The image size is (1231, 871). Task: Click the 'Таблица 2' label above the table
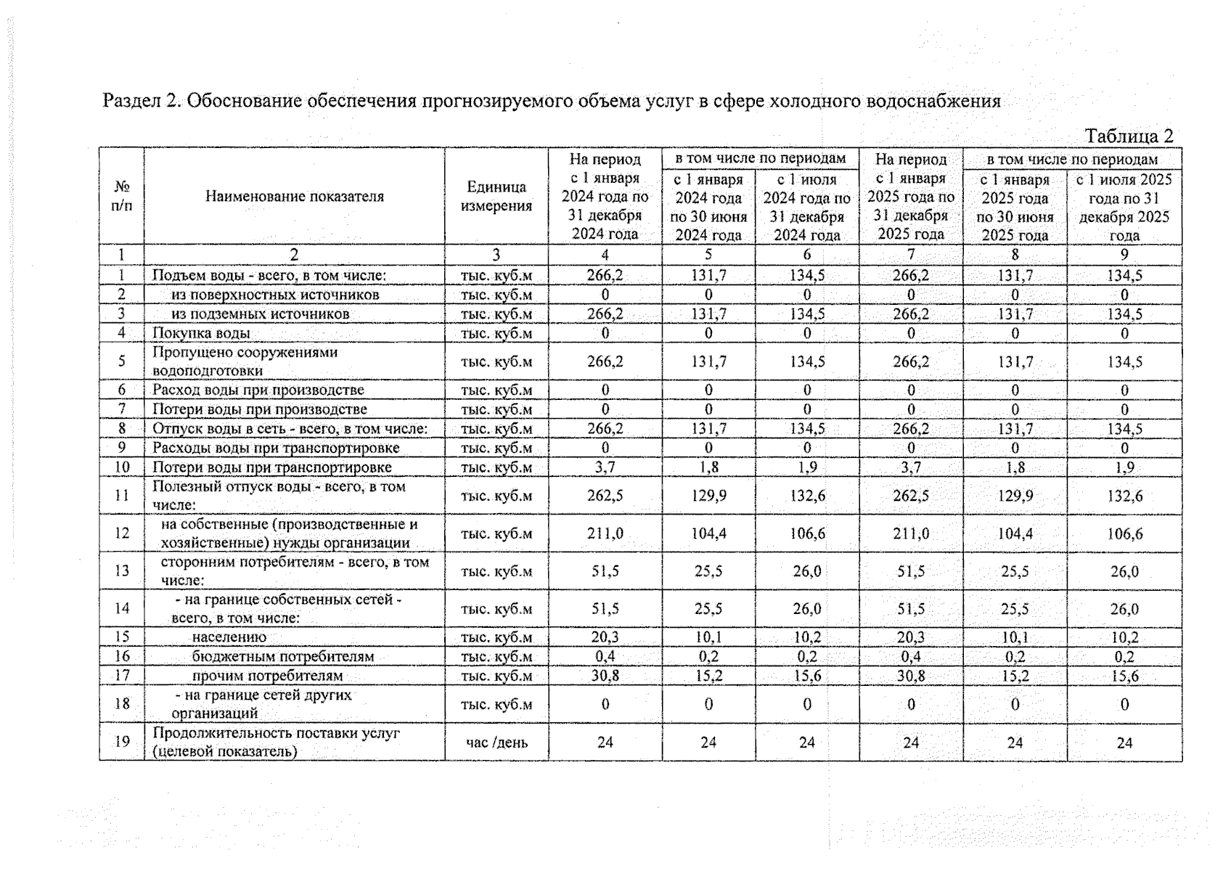1128,136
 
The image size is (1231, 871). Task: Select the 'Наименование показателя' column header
294,196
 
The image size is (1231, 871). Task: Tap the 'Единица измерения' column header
496,196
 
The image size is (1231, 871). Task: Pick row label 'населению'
229,637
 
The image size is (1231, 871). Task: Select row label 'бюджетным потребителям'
282,657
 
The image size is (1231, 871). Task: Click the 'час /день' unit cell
496,743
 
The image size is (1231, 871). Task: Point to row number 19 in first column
121,742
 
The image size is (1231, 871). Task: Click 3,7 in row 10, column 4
605,467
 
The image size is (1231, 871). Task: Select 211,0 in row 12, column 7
910,533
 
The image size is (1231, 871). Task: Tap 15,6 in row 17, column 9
1124,676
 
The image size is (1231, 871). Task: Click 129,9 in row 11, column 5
708,496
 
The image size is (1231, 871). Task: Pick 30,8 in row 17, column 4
605,676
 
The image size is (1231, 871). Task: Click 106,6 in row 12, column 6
806,533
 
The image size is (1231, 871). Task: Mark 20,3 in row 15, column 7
910,637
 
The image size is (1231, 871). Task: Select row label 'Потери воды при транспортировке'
271,467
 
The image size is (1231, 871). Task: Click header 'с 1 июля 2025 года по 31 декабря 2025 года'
1124,207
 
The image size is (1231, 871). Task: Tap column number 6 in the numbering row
806,255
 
